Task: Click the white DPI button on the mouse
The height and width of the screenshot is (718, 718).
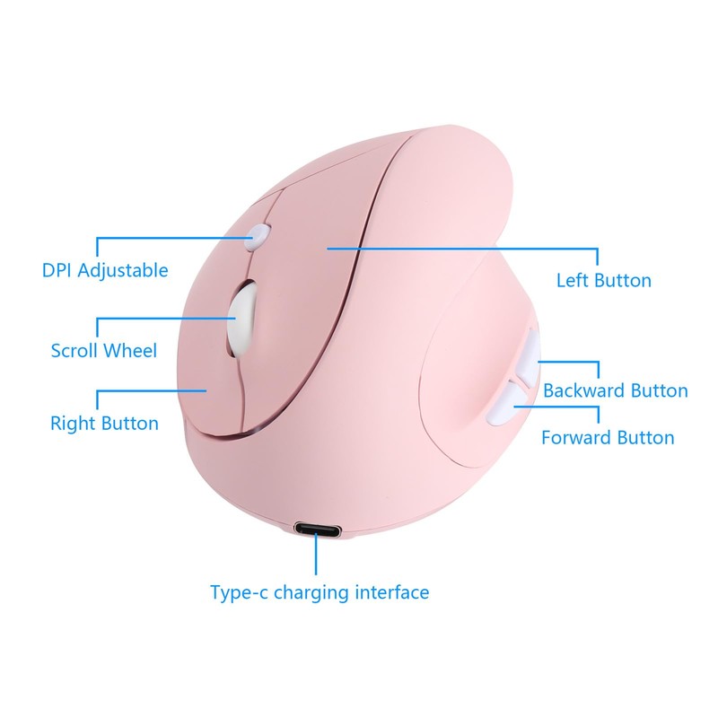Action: (x=258, y=235)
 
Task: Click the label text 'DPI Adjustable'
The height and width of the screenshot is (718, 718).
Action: (x=105, y=269)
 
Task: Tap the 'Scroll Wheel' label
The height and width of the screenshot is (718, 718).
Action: (x=104, y=349)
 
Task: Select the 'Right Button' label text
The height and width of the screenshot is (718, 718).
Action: (x=104, y=423)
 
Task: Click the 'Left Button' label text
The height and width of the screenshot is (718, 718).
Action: (x=604, y=280)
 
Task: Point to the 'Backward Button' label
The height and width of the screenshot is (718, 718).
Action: (x=616, y=390)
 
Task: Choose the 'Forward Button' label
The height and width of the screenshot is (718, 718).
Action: (x=608, y=437)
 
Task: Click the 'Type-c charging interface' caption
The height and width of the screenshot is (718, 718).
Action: (x=320, y=592)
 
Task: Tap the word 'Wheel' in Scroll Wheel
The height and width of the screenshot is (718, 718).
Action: (x=131, y=349)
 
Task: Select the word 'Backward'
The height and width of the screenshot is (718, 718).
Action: (x=583, y=390)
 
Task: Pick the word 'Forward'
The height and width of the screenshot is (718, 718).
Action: (x=575, y=437)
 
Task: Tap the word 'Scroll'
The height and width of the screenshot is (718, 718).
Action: (x=75, y=349)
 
